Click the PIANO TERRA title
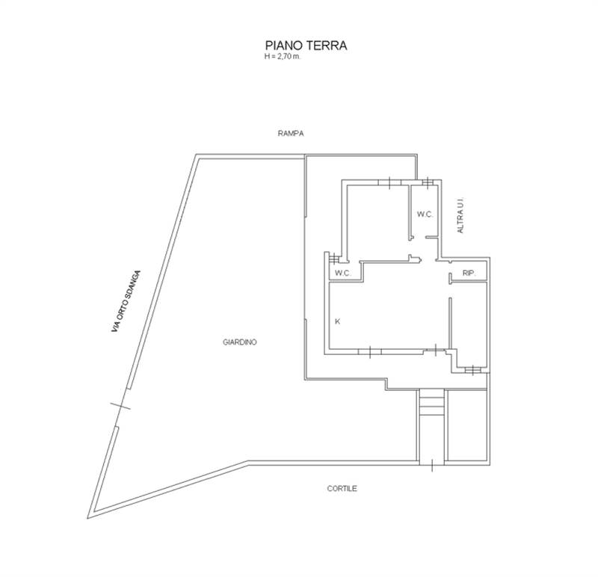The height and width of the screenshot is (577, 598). [306, 46]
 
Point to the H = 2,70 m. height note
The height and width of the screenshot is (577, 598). [283, 57]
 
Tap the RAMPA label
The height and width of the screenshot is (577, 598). [291, 134]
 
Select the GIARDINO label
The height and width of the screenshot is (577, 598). [239, 342]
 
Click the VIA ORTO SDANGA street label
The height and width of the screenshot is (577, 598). [126, 301]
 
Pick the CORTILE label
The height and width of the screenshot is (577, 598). [342, 488]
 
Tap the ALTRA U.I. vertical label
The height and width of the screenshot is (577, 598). [460, 215]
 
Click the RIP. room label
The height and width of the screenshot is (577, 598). [469, 273]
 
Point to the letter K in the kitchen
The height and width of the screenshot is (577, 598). [337, 321]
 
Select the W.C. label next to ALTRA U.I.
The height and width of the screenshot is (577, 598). [425, 215]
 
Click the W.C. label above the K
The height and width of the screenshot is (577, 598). [342, 273]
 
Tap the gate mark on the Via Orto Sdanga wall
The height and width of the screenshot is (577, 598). [120, 406]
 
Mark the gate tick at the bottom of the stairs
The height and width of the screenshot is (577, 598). [432, 465]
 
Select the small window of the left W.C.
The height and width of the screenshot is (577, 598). [334, 259]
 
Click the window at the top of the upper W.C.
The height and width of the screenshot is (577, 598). [428, 182]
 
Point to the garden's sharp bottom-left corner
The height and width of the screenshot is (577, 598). [87, 518]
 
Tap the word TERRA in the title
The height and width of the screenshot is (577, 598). [327, 46]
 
